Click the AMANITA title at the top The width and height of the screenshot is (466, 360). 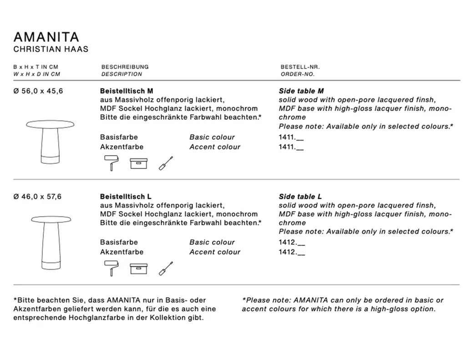[x=46, y=37]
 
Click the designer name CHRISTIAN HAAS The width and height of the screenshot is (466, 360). [x=51, y=49]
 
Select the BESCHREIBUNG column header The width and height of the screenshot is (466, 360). [x=125, y=67]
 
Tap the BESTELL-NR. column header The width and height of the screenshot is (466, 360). [x=300, y=67]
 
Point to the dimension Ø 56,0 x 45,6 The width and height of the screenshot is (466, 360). [x=39, y=91]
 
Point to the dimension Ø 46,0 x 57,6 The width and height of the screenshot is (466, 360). [x=39, y=197]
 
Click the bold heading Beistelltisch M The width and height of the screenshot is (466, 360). [x=127, y=91]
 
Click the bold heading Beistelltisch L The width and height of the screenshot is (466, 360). [x=126, y=197]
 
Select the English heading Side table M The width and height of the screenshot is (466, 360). [x=301, y=91]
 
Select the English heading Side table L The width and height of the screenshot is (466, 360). [x=300, y=197]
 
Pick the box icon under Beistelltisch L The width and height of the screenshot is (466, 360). [x=139, y=268]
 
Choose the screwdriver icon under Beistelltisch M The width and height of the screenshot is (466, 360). [x=166, y=163]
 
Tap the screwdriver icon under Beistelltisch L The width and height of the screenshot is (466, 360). [x=166, y=268]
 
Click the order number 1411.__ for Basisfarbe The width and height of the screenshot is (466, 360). [x=291, y=137]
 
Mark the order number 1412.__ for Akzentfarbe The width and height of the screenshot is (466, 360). [x=291, y=252]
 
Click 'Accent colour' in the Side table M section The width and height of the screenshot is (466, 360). [x=215, y=147]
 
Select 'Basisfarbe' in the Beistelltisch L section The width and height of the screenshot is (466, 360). [x=119, y=242]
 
